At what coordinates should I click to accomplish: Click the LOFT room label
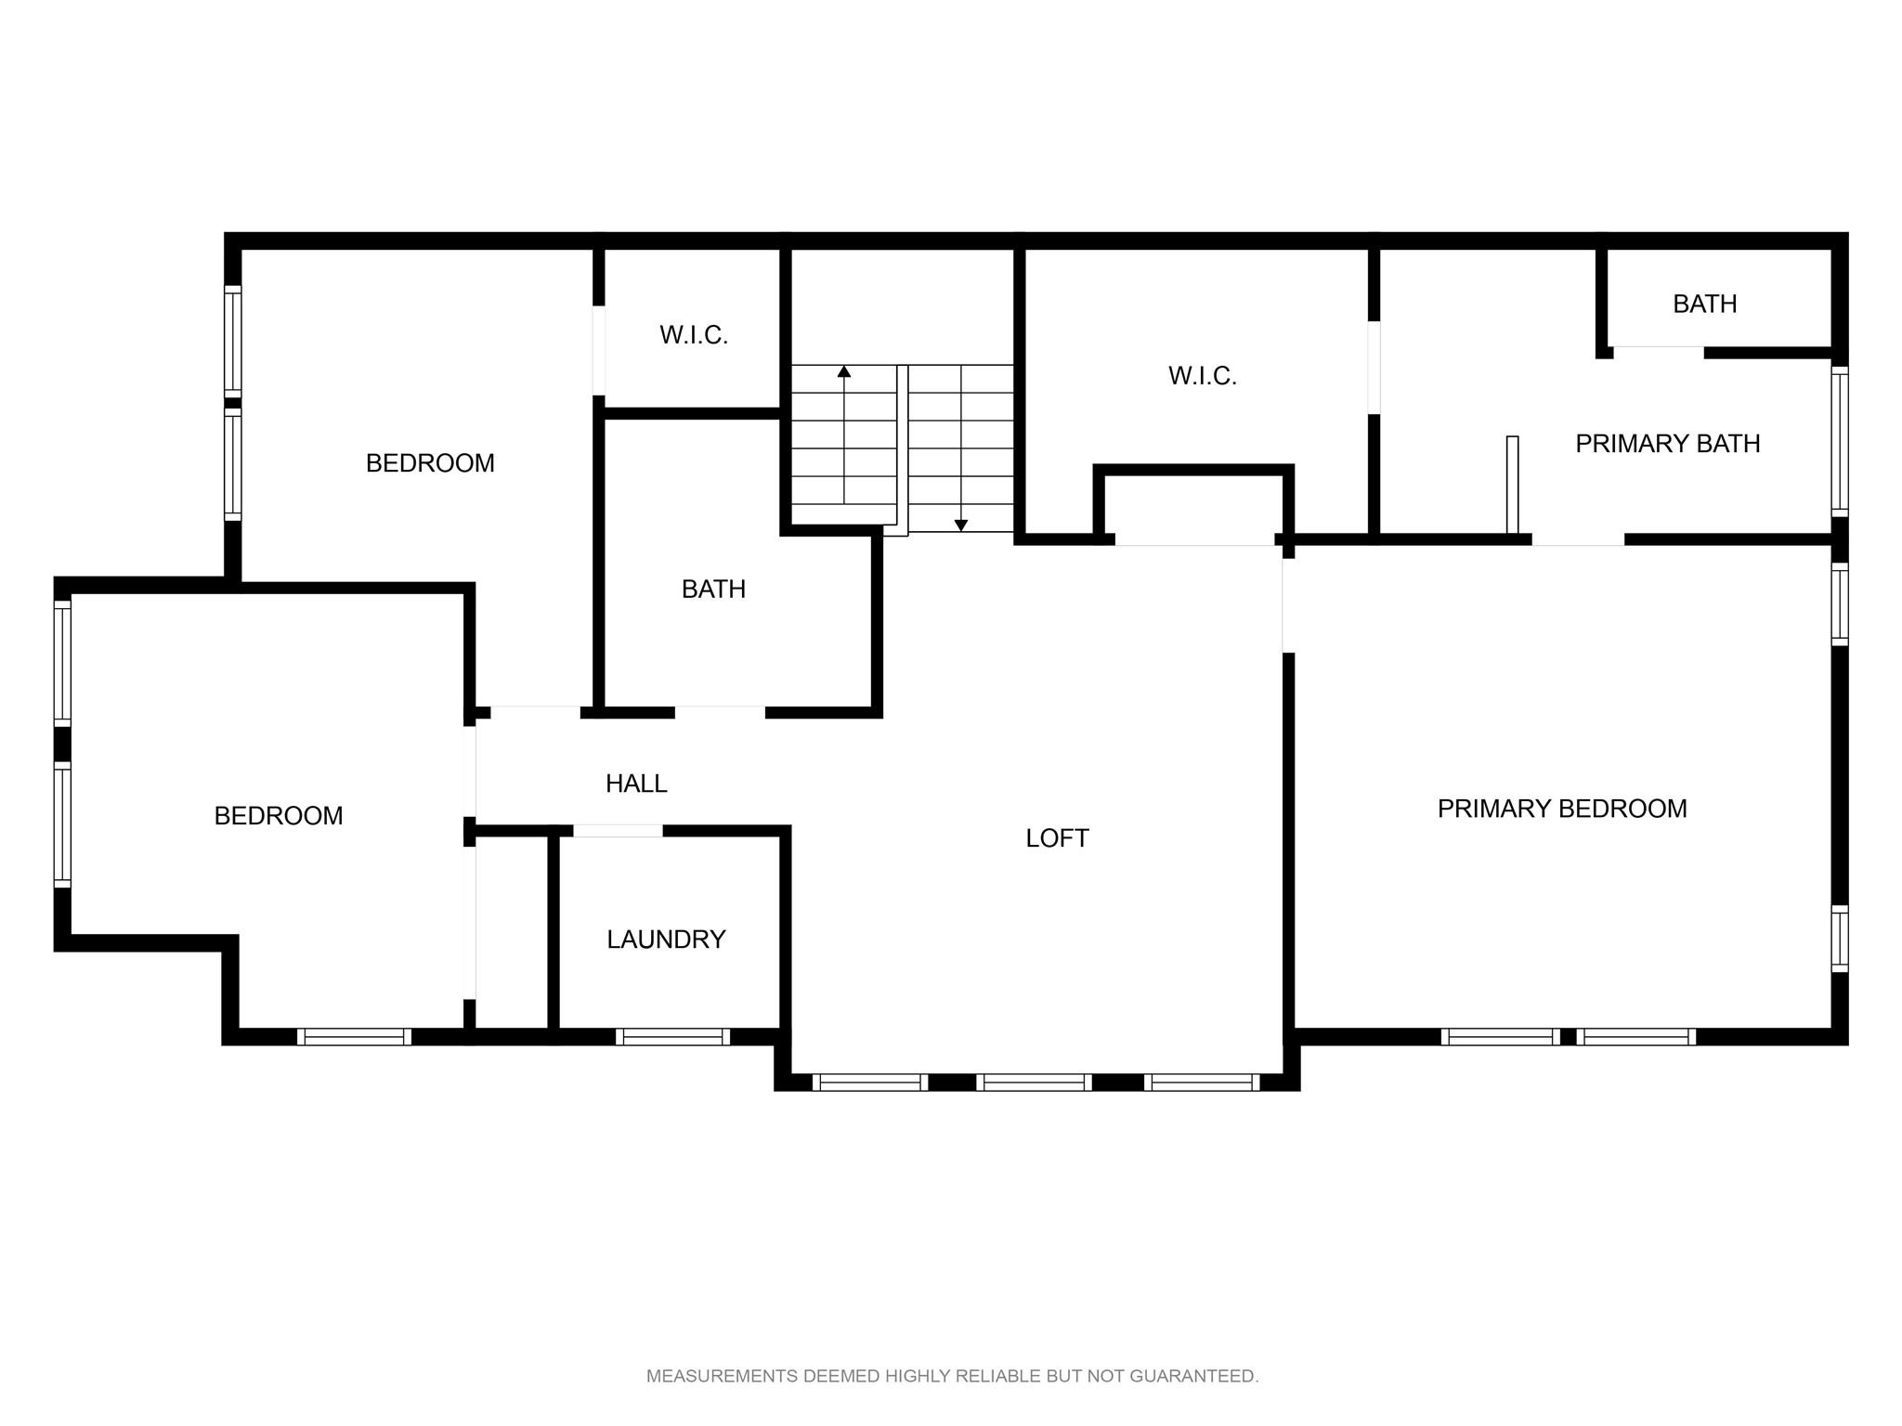tap(1057, 838)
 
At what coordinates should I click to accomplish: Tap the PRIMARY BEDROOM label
tap(1562, 809)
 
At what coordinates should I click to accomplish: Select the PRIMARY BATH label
tap(1668, 444)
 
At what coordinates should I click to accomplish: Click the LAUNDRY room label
tap(666, 940)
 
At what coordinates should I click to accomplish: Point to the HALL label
tap(636, 784)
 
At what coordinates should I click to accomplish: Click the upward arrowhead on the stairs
tap(844, 371)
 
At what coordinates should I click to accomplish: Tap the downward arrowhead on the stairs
tap(961, 525)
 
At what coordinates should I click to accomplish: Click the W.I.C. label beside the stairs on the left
tap(694, 335)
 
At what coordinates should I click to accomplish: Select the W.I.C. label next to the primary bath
tap(1203, 376)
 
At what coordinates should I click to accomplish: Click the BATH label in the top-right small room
tap(1705, 304)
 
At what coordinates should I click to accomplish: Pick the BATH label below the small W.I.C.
tap(713, 589)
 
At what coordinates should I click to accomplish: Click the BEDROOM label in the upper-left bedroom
tap(430, 463)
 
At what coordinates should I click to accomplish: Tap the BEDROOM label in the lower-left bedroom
tap(279, 815)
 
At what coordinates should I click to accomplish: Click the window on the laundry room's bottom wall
tap(672, 1037)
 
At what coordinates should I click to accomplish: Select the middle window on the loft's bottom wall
tap(1034, 1082)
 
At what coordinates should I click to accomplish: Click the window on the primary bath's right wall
tap(1840, 441)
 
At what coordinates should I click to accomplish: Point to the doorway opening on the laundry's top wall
tap(618, 831)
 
